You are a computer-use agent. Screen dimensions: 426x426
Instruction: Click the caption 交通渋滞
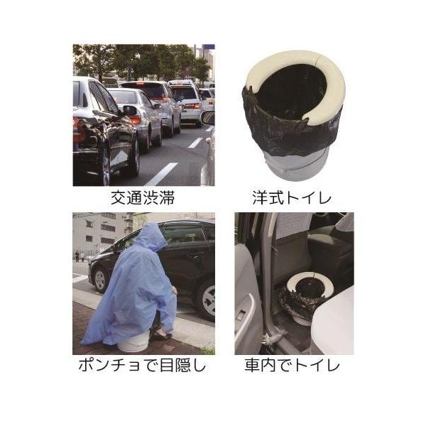(143, 198)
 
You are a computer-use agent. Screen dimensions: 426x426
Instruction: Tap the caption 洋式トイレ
(292, 198)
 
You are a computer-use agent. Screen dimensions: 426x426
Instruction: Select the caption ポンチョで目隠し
(142, 365)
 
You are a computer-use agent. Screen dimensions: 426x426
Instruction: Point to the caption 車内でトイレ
(292, 365)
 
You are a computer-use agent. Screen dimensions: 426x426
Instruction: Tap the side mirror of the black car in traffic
(130, 110)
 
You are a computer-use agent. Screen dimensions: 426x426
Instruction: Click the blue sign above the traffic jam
(208, 48)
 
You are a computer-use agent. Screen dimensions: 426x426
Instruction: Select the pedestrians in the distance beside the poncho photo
(80, 256)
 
